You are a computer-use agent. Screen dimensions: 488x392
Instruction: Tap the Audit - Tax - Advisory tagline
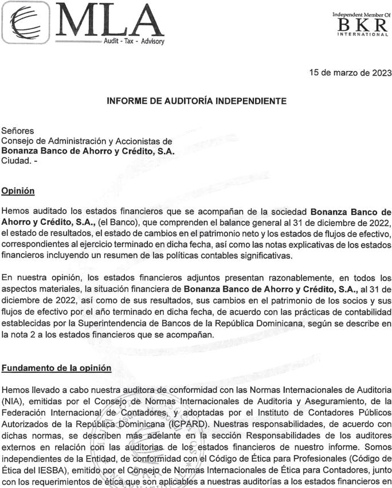click(134, 42)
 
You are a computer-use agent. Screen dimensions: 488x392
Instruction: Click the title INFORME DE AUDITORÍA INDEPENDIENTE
click(196, 101)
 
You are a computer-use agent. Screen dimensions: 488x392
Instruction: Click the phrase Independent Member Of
click(361, 14)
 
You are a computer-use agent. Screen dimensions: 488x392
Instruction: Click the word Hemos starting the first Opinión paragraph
click(15, 211)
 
